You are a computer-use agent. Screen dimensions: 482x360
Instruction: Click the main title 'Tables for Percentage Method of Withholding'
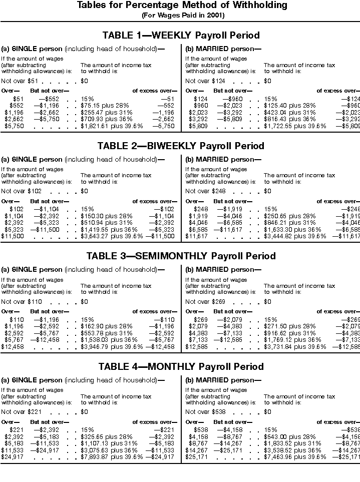[182, 6]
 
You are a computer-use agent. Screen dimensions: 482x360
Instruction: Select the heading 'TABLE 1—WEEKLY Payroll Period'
[181, 36]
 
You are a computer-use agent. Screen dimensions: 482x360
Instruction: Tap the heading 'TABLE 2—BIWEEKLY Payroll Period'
[181, 146]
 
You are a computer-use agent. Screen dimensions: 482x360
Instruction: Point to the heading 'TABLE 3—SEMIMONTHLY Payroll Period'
[181, 256]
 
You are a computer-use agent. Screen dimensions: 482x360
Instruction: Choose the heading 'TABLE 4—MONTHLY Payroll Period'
[181, 367]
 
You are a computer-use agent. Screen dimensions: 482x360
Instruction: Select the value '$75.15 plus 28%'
[105, 106]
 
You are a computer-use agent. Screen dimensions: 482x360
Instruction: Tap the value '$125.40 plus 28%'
[289, 106]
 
